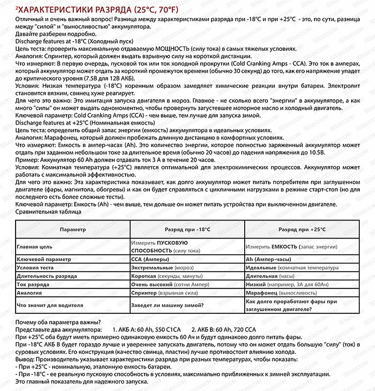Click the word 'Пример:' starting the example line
point(27,160)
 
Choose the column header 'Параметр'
point(73,229)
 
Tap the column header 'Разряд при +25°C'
point(301,229)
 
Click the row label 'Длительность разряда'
point(47,277)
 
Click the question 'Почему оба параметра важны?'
point(59,322)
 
